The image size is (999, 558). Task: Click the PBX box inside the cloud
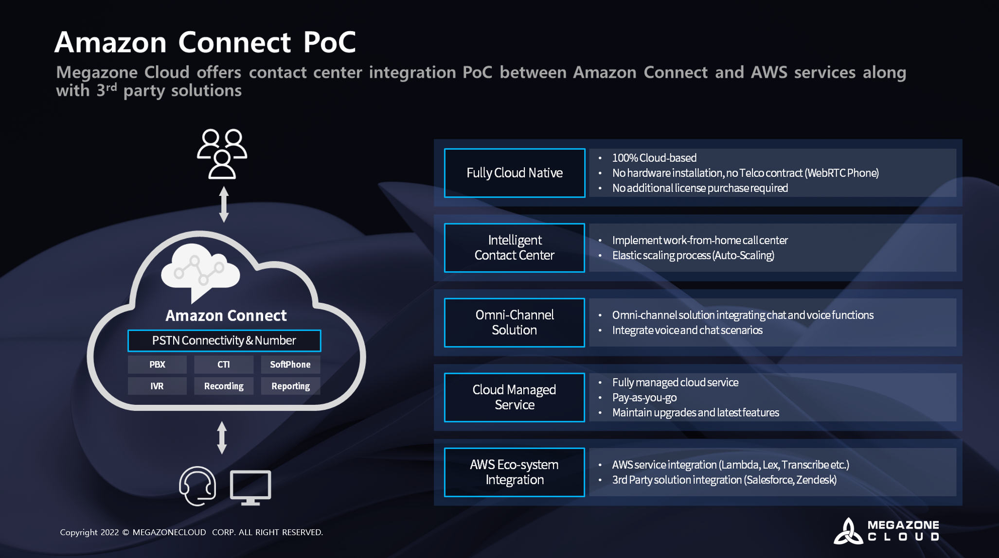point(157,365)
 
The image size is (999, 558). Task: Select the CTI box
point(224,365)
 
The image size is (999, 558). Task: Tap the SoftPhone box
point(290,365)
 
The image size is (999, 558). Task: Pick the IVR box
point(157,386)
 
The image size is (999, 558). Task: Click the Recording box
point(224,386)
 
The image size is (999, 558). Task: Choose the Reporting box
point(290,386)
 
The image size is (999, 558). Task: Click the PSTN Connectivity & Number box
point(224,341)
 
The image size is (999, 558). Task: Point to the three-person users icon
point(222,154)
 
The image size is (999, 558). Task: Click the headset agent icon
point(197,486)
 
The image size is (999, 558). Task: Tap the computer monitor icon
point(250,487)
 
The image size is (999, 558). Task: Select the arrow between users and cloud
point(224,204)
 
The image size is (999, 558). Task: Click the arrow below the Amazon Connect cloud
point(222,437)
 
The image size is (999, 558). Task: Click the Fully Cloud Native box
point(515,173)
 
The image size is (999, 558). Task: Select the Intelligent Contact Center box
point(515,248)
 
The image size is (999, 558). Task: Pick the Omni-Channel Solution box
point(515,323)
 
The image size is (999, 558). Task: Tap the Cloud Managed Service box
point(515,398)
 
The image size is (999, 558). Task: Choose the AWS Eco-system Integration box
point(515,472)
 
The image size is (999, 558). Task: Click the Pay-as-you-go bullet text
point(644,398)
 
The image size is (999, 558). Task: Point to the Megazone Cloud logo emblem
point(848,531)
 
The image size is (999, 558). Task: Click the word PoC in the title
point(330,42)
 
